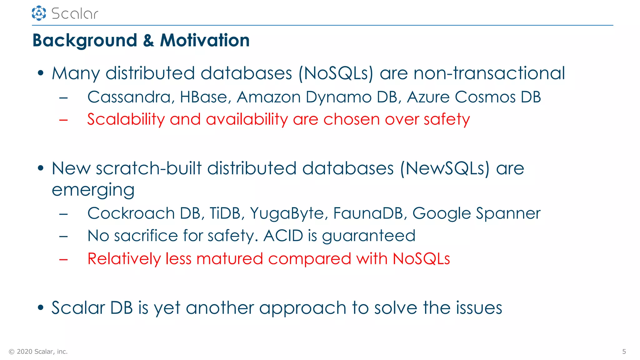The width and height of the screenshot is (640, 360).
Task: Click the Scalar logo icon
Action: [39, 13]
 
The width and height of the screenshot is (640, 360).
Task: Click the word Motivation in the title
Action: [205, 40]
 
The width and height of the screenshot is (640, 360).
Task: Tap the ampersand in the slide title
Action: [148, 41]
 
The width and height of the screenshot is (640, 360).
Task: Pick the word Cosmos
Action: [485, 97]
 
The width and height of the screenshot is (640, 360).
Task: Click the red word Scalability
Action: [126, 120]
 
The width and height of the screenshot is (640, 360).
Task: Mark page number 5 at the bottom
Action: [624, 352]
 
